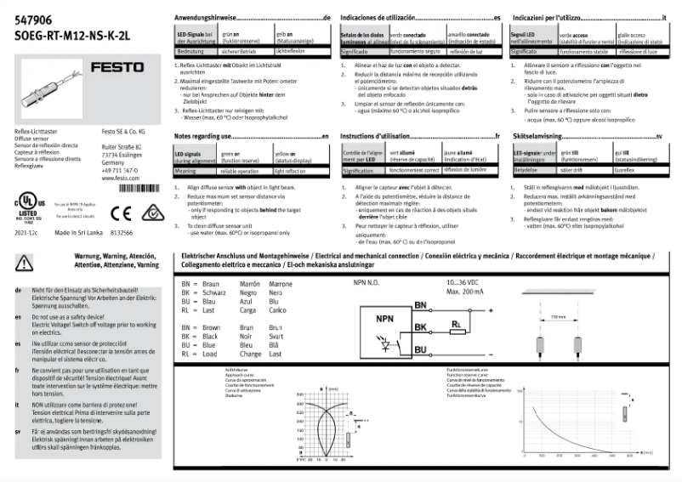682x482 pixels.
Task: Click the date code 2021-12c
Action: [26, 232]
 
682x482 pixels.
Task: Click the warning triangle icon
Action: [23, 263]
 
